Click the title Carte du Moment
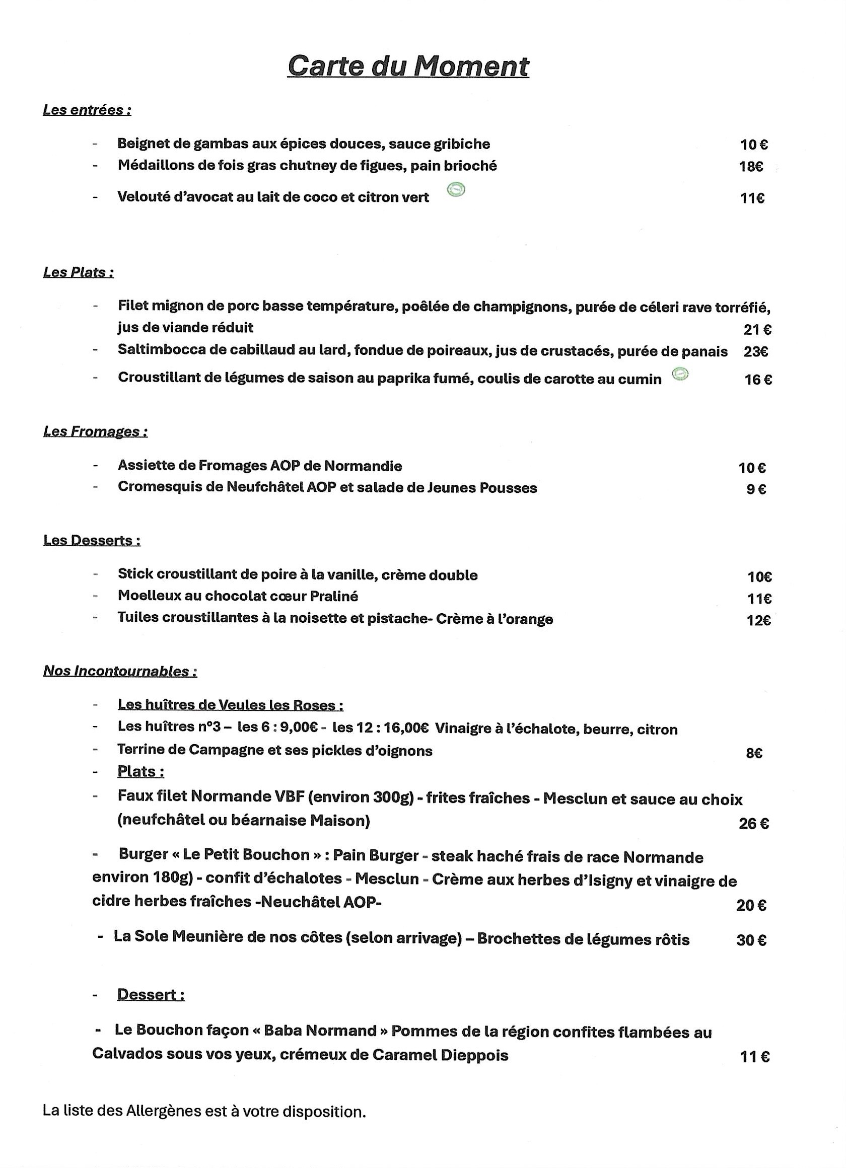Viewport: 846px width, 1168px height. tap(408, 66)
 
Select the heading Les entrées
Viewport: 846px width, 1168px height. tap(87, 110)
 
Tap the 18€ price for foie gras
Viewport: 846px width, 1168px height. tap(751, 167)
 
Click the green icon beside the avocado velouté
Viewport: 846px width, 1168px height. tap(456, 190)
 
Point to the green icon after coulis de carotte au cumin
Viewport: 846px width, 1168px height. tap(680, 375)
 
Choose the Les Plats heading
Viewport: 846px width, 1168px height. tap(79, 272)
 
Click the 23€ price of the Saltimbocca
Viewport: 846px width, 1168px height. tap(756, 352)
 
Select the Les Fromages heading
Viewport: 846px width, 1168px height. tap(95, 431)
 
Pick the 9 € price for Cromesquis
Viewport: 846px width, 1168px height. tap(756, 489)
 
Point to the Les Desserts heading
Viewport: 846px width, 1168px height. tap(92, 541)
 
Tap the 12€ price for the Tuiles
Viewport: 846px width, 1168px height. tap(758, 621)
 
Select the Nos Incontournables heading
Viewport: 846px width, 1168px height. tap(120, 672)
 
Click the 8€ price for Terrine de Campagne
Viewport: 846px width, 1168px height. tap(754, 754)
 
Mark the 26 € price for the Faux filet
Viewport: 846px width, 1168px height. tap(754, 824)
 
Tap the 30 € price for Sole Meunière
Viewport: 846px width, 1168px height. tap(751, 940)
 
